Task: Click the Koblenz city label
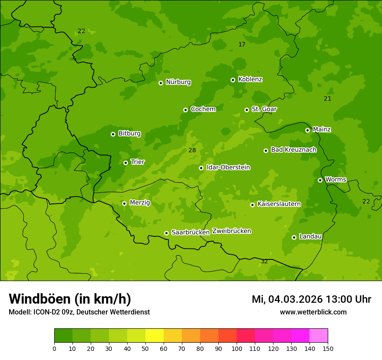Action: pos(250,79)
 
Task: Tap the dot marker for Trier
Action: pos(126,163)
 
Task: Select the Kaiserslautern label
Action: pos(279,204)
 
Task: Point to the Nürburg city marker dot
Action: pos(161,83)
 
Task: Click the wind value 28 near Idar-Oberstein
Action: pos(192,151)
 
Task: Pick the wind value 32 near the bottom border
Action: pos(264,262)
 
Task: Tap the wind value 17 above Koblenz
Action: pos(242,44)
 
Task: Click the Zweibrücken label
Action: pos(232,231)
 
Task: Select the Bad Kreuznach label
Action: pos(293,150)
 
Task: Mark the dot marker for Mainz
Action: pos(307,130)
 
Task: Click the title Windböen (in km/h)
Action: pos(70,299)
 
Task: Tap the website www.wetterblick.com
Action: pos(313,312)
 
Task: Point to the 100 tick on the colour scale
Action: pos(237,348)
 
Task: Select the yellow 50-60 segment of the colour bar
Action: pos(155,336)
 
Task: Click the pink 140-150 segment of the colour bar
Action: pos(319,336)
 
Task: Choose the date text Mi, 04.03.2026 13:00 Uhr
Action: pos(311,299)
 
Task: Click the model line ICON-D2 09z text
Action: pos(79,312)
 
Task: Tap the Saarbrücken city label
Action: pos(191,232)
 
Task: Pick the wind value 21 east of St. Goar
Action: pos(328,98)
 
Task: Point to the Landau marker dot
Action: pos(294,237)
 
